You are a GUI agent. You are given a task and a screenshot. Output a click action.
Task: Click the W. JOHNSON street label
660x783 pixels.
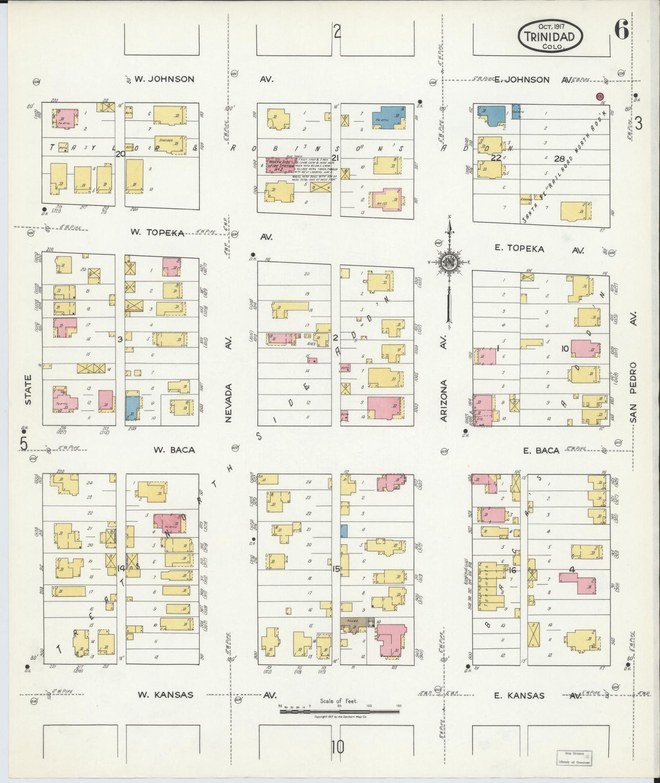[x=164, y=79]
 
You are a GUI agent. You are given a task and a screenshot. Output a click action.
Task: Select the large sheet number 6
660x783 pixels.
[x=621, y=31]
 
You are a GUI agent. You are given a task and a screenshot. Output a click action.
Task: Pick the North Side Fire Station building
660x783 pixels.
[x=280, y=165]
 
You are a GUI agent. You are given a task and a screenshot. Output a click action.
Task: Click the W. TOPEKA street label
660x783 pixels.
[x=157, y=233]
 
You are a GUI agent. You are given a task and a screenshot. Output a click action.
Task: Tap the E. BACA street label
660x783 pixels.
[x=541, y=450]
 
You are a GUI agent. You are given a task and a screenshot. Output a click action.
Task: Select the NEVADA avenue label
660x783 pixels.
[x=228, y=402]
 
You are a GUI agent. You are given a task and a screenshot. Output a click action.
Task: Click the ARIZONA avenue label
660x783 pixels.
[x=444, y=400]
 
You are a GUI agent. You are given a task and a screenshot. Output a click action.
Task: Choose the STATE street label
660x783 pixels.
[x=28, y=389]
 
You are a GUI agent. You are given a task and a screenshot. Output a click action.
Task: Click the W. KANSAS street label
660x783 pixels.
[x=165, y=695]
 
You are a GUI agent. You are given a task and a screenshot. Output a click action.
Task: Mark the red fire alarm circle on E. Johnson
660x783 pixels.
[x=600, y=96]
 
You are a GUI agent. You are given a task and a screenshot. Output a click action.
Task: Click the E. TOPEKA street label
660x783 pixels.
[x=520, y=249]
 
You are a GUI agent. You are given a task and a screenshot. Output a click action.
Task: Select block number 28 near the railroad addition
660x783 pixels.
[x=559, y=159]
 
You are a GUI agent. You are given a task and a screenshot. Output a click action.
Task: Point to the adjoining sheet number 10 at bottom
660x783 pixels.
[x=338, y=747]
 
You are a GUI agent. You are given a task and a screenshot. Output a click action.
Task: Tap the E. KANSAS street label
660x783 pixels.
[x=519, y=696]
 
